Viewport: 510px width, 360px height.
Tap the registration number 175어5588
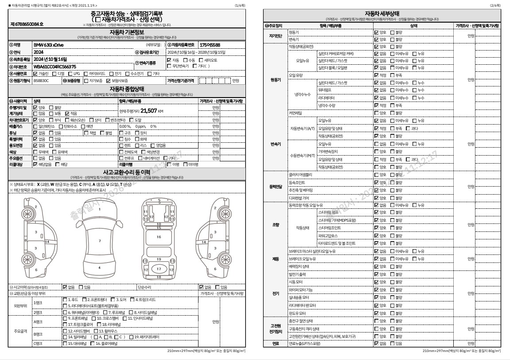coord(210,45)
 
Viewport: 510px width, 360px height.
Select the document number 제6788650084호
coord(27,24)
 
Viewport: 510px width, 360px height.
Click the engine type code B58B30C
coord(41,81)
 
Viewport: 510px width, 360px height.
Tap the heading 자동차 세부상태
coord(382,13)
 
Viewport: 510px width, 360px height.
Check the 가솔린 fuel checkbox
coord(35,74)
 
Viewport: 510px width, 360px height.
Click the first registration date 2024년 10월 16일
coord(50,59)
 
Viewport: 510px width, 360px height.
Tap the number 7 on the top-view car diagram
coord(100,241)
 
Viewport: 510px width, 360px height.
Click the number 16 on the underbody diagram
coord(159,237)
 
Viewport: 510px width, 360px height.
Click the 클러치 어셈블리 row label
coord(300,174)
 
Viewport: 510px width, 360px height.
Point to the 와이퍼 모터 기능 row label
coord(303,290)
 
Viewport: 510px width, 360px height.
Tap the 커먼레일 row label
coord(295,113)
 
